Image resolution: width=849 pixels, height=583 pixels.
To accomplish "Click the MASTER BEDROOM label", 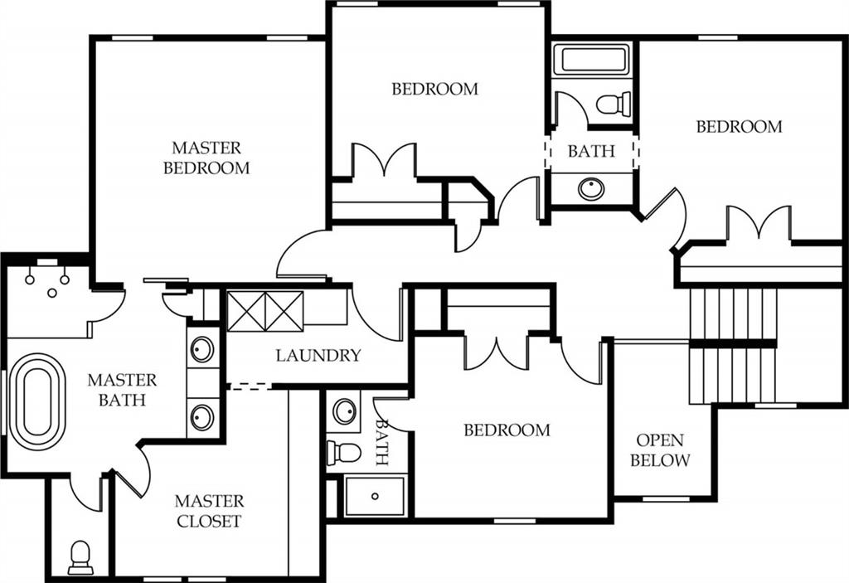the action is pos(206,158).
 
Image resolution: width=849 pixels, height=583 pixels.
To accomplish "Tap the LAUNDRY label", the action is pos(318,356).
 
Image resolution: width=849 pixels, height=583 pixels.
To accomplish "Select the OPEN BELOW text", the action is pos(660,449).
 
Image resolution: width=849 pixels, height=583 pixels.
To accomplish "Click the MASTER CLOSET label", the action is pos(209,510).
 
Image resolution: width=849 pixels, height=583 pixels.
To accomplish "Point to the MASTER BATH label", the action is pos(122,390).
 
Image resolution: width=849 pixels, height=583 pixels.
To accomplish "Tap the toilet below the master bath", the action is pos(80,557).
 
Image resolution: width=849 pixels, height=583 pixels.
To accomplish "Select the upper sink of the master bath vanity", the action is pos(202,349).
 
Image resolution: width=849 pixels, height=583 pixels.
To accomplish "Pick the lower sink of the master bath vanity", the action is pos(202,418).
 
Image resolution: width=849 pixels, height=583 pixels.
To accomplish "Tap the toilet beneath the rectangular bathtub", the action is pos(614,104).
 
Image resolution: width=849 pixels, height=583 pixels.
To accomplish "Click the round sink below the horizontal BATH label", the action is pos(590,189).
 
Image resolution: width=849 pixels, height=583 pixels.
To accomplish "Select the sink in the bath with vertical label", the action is pos(344,411).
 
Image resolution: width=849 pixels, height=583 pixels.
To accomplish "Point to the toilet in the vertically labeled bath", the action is pos(344,453).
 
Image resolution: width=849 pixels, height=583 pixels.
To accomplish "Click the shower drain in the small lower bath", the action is pos(375,496).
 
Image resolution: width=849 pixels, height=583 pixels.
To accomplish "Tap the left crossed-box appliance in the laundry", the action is pos(246,311).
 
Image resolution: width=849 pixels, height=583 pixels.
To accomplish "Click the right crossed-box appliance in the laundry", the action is pos(284,311).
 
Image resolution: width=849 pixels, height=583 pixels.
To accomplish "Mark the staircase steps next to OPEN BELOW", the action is pos(733,346).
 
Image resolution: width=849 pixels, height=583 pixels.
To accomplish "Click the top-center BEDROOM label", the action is pos(435,89).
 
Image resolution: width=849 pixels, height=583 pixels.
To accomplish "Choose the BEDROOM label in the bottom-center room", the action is pos(507,430).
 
